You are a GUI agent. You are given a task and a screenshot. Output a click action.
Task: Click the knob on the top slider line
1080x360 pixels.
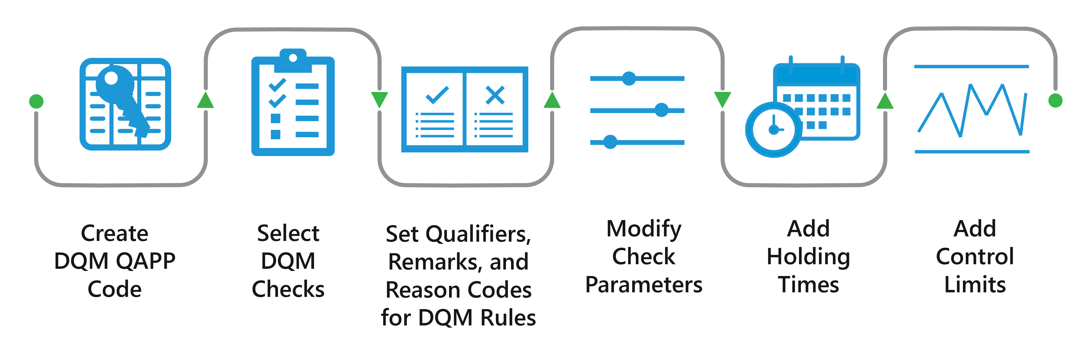629,78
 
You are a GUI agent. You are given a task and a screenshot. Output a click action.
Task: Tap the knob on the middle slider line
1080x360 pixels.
661,110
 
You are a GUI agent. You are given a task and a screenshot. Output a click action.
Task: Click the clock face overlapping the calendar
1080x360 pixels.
774,130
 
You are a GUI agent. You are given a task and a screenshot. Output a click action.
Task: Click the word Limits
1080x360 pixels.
975,285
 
